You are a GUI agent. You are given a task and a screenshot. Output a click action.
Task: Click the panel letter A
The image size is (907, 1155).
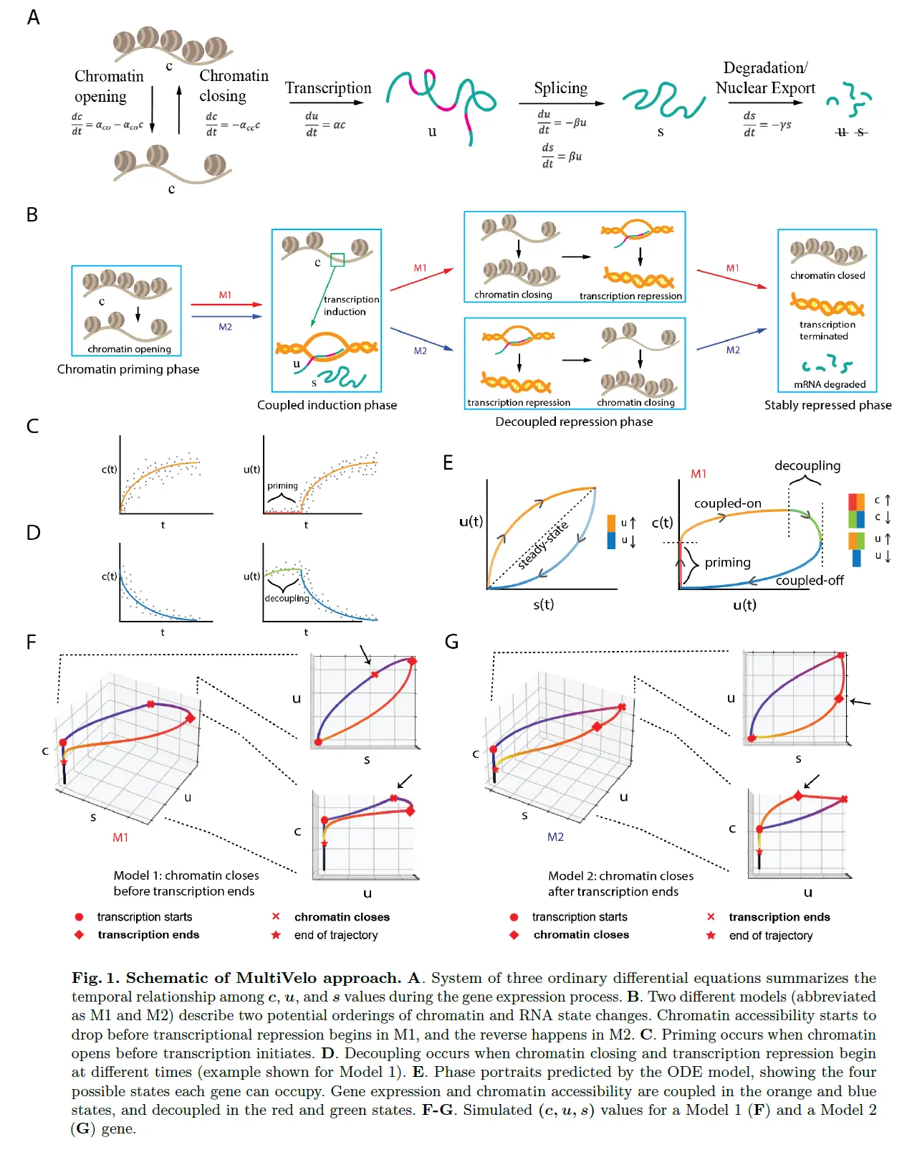point(33,17)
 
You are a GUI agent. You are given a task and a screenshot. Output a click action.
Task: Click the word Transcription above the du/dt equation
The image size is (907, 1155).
point(328,88)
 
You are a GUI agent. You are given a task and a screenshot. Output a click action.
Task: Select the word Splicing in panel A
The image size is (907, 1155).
point(560,88)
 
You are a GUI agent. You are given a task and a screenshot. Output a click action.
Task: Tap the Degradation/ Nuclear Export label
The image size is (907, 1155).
point(765,78)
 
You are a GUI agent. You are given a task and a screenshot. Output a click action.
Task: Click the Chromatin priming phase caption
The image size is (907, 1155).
point(128,369)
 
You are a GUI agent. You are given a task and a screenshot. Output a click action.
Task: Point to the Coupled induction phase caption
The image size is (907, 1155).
point(327,405)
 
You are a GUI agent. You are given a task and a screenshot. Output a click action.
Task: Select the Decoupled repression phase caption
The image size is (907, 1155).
point(574,422)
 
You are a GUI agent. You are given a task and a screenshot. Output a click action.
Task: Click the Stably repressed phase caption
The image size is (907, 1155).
point(827,405)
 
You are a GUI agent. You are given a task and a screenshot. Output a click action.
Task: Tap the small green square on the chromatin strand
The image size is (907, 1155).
point(337,260)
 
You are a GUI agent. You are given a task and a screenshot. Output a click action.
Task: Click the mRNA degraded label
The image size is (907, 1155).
point(830,384)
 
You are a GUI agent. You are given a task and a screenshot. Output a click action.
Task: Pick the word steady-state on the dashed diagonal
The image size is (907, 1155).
point(543,546)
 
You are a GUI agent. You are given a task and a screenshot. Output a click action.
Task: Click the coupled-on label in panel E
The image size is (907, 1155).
point(727,503)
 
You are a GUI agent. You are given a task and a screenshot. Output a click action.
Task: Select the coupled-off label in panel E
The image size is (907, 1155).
point(810,580)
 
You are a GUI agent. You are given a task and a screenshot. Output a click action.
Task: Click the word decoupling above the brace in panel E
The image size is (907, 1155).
point(807,465)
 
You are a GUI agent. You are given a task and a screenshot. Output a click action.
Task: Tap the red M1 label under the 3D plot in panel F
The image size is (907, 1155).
point(120,837)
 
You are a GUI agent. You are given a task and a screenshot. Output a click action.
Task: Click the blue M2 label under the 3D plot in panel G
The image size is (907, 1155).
point(555,837)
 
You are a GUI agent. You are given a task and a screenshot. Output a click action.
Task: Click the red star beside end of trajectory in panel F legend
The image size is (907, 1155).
point(276,935)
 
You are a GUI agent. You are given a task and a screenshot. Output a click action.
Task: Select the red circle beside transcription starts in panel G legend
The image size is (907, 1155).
point(514,917)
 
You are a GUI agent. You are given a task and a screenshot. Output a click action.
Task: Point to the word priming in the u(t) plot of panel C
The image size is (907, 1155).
point(282,485)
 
